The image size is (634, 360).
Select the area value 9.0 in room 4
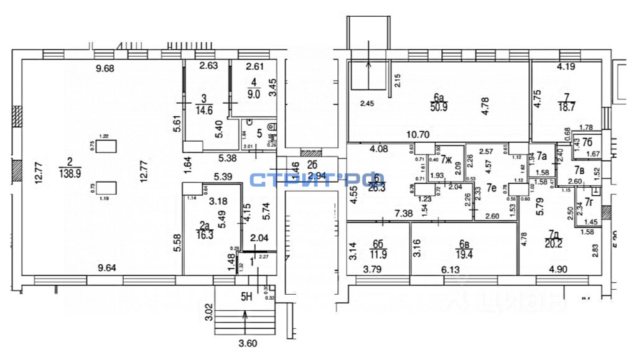click(253, 95)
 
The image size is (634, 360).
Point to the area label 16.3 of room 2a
click(205, 236)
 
